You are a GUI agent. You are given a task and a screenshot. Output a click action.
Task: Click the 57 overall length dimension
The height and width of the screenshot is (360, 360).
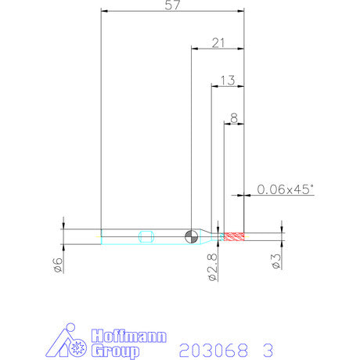(172, 5)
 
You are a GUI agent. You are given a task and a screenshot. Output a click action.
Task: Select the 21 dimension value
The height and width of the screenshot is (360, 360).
(218, 43)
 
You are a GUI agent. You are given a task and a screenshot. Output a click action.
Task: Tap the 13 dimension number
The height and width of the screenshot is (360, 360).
(228, 81)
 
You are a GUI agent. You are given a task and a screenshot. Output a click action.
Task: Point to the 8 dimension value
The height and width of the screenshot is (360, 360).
(234, 118)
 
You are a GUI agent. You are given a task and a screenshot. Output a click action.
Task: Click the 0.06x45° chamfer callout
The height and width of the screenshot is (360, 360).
(285, 189)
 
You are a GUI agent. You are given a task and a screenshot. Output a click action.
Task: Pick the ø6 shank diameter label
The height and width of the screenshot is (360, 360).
(59, 265)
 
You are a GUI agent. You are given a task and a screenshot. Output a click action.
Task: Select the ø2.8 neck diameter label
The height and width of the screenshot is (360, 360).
(213, 268)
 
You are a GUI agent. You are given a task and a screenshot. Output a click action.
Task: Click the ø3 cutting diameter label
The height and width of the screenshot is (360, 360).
(276, 261)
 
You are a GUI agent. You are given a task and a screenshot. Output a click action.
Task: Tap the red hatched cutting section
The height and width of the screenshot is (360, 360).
(234, 236)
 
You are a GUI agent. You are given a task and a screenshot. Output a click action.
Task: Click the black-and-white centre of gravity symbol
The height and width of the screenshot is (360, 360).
(191, 236)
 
